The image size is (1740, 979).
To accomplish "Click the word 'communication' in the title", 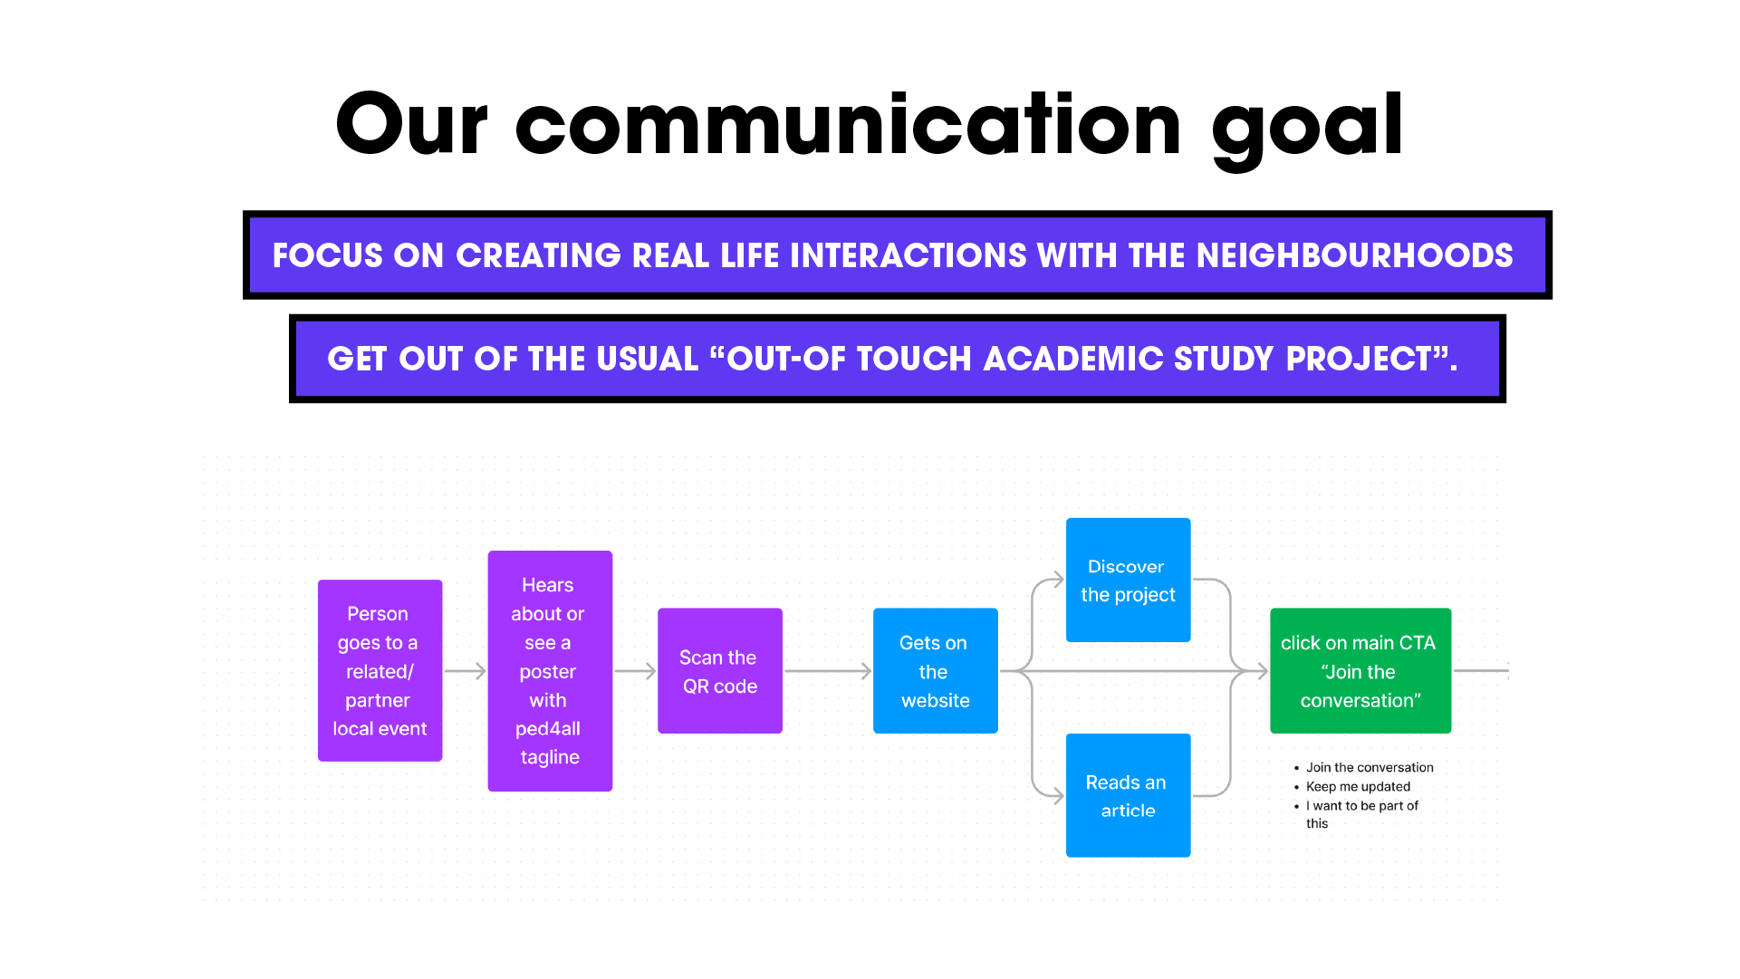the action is click(x=849, y=124).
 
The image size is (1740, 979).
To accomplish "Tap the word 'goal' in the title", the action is click(x=1308, y=128).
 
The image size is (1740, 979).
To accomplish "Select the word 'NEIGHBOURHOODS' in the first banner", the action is click(x=1355, y=255).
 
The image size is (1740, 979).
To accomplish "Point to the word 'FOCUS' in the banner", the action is click(x=327, y=255).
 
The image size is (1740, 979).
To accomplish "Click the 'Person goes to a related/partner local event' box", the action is click(x=380, y=670).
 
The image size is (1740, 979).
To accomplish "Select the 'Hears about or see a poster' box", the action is click(x=550, y=671).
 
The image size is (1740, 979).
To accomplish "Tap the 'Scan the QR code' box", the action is click(x=720, y=671).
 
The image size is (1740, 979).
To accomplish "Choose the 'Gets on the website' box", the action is click(x=936, y=671).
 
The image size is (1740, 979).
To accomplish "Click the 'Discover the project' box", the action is click(x=1129, y=580).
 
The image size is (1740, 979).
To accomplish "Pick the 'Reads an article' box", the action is click(x=1129, y=795).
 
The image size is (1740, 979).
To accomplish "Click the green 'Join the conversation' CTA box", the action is click(x=1360, y=671).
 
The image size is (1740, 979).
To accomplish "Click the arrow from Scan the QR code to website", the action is click(x=828, y=671).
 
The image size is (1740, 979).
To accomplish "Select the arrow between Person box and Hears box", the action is click(x=466, y=671).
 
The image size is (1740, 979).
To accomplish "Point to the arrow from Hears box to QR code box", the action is click(x=635, y=671).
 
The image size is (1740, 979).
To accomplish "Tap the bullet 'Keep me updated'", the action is click(x=1358, y=787).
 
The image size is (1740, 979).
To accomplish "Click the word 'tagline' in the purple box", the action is click(x=550, y=757).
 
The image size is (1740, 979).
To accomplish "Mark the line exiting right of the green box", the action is click(x=1481, y=671).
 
